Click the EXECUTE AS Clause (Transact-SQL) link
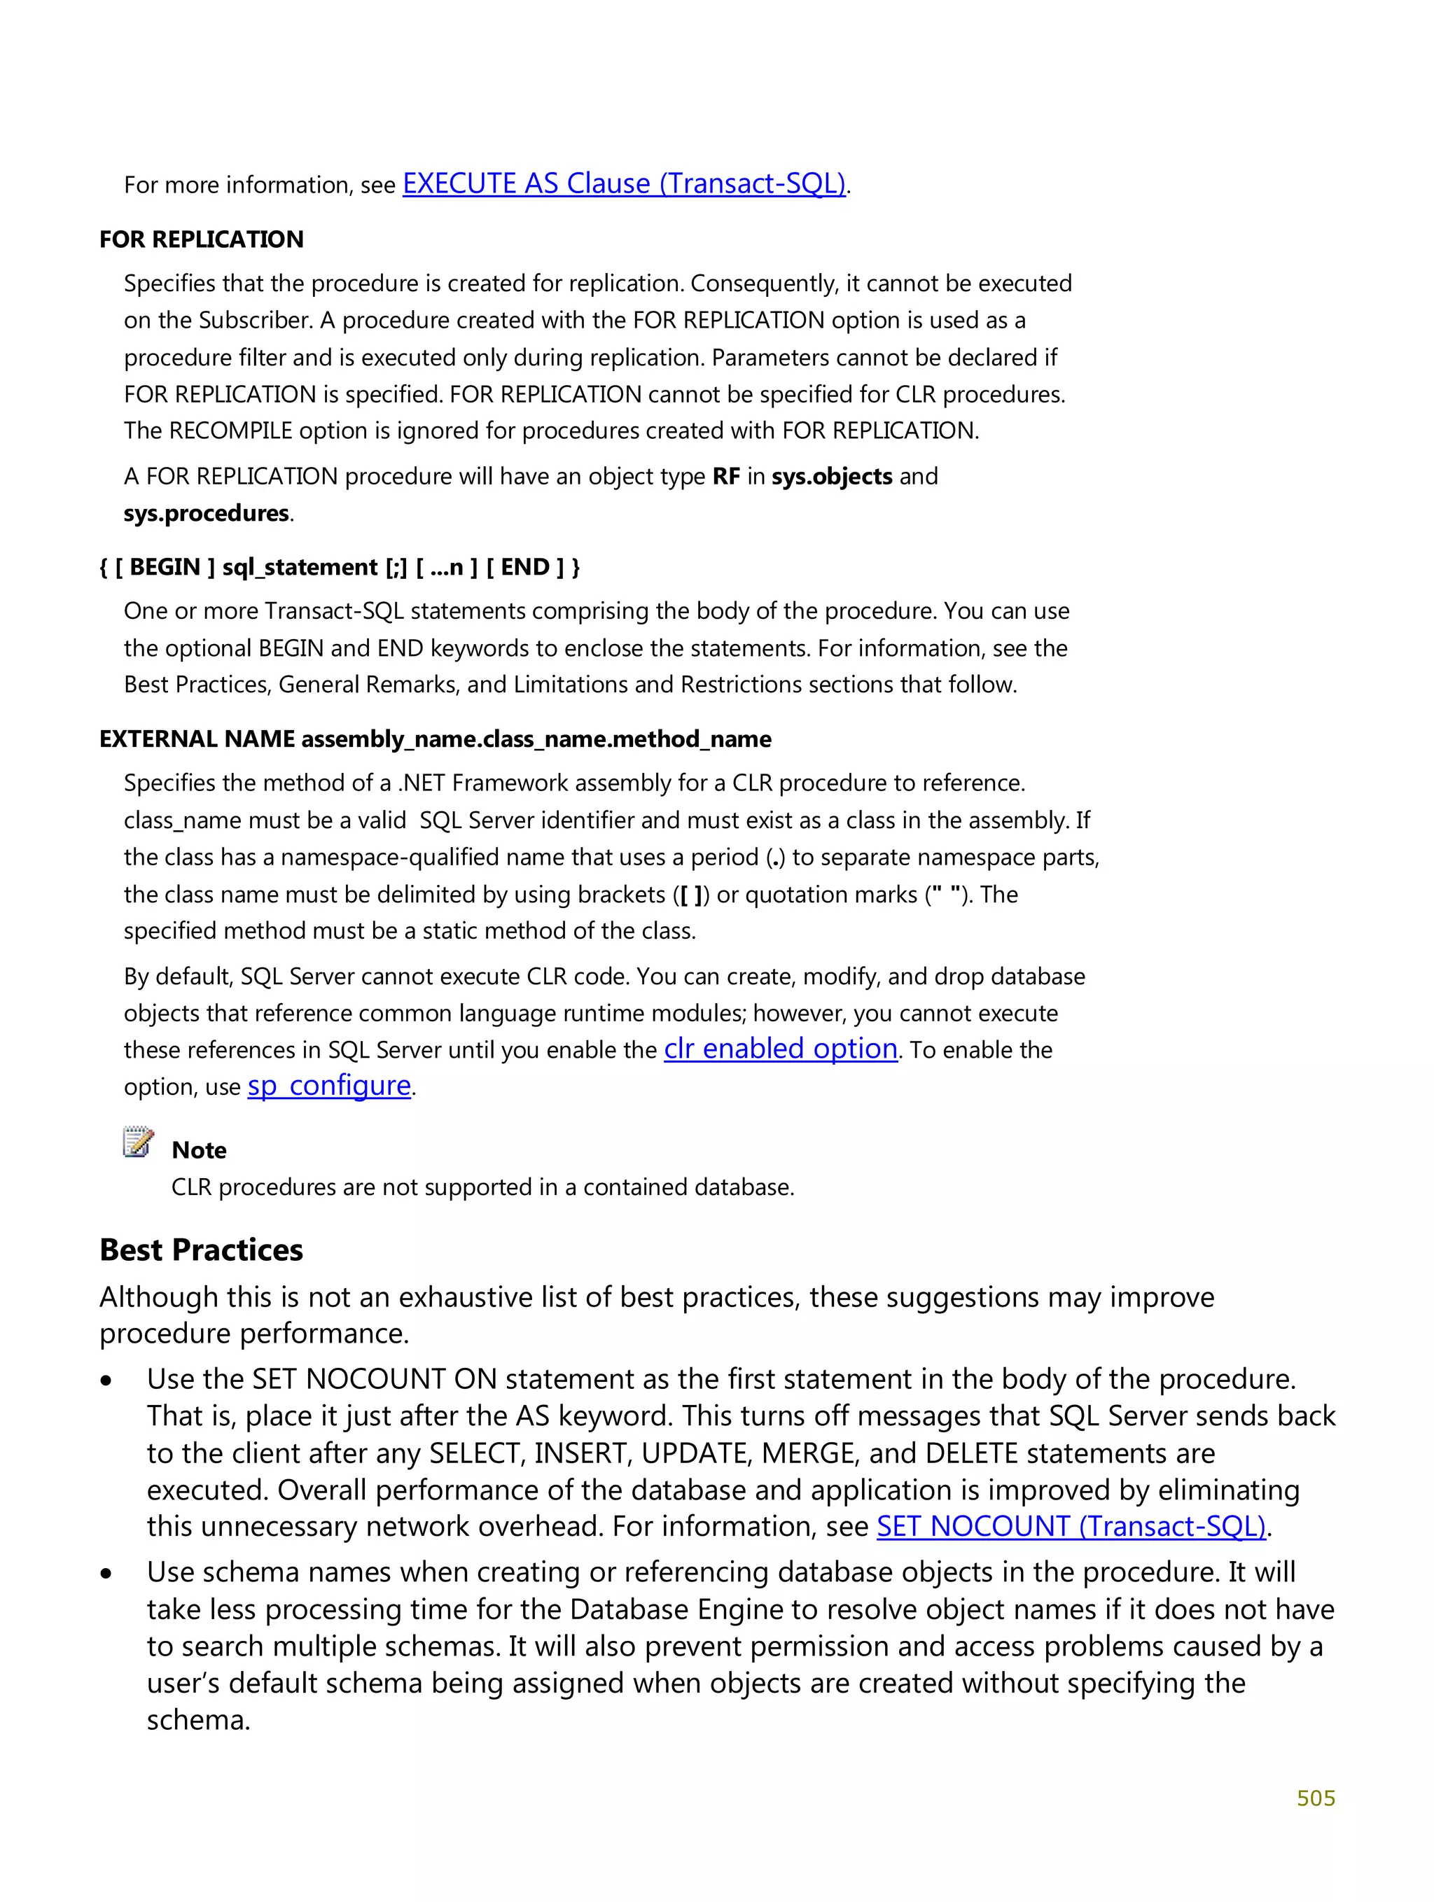click(624, 184)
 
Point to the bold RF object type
click(725, 476)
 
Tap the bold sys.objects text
click(831, 476)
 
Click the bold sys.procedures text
click(207, 513)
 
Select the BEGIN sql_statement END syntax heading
click(340, 568)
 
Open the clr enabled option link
click(780, 1049)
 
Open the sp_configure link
click(328, 1086)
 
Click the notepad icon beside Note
click(138, 1142)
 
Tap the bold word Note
click(199, 1150)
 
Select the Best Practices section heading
click(201, 1250)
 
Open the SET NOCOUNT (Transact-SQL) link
click(1071, 1526)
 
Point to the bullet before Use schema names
click(106, 1574)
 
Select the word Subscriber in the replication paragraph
click(256, 321)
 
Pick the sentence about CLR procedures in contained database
click(482, 1187)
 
